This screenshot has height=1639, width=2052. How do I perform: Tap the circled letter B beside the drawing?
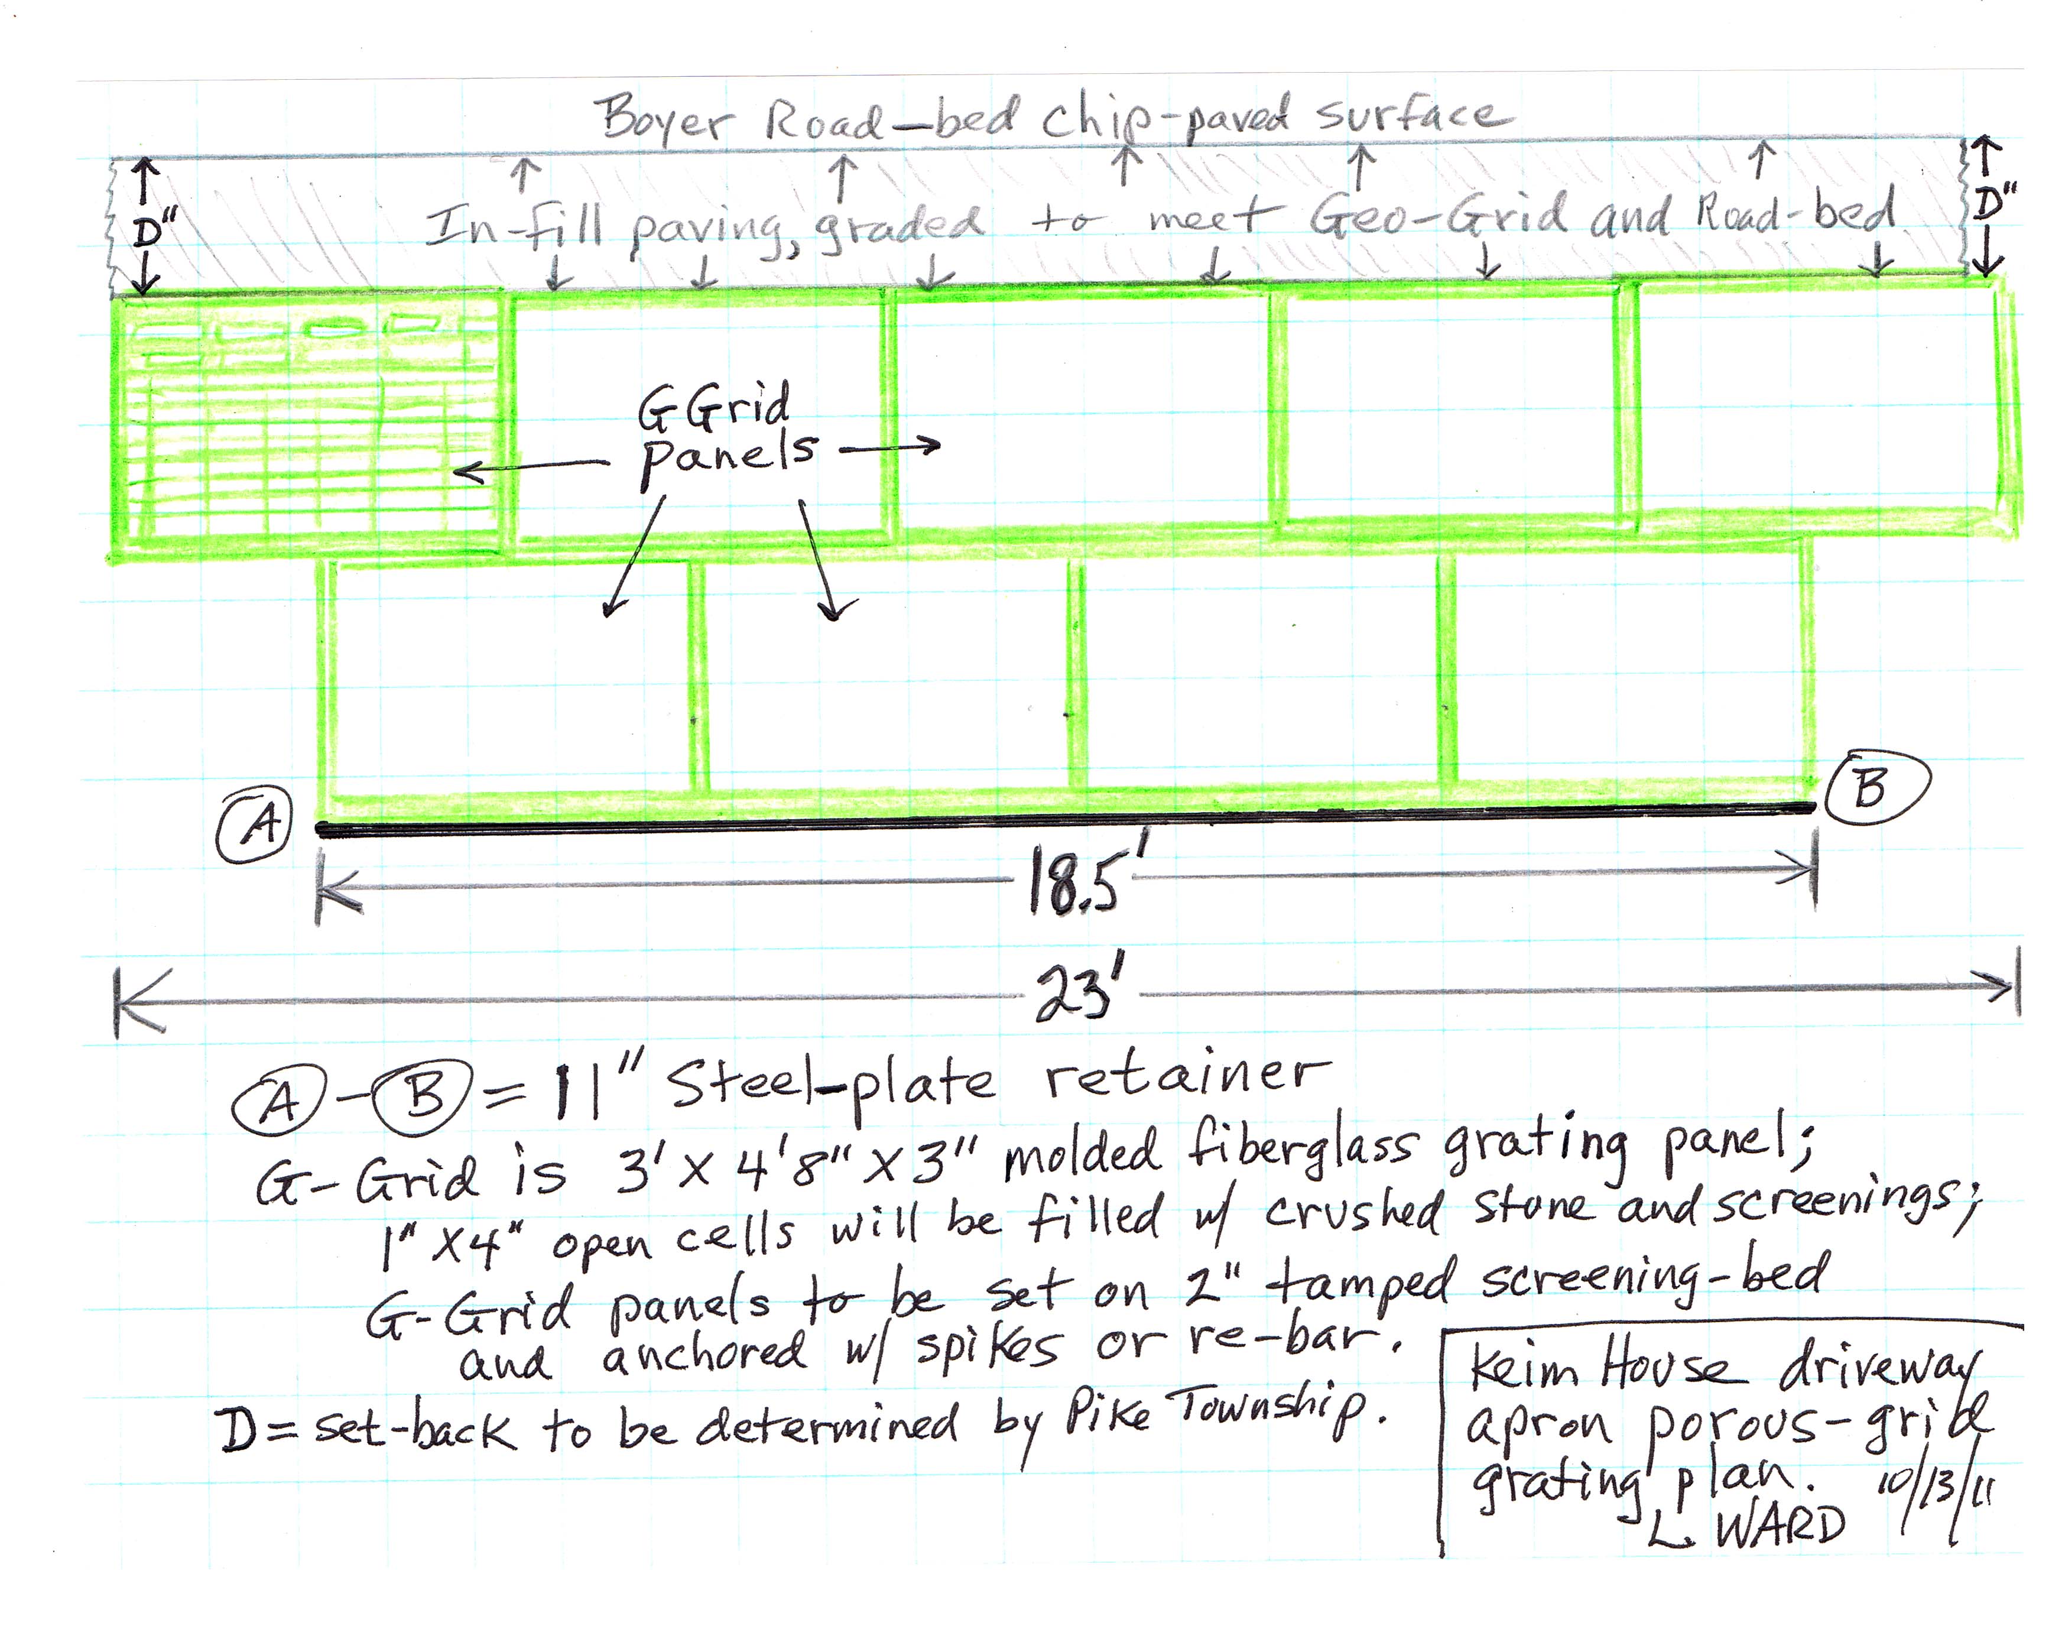(x=1877, y=788)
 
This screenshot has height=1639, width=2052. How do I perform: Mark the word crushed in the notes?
(x=1353, y=1210)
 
